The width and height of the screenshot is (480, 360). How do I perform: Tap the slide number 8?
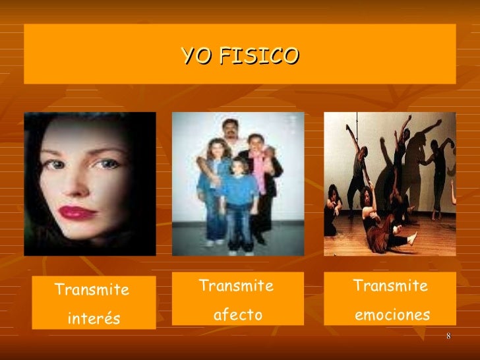(x=448, y=338)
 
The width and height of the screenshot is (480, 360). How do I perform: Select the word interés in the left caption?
(x=94, y=319)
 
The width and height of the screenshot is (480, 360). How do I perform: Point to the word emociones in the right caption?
(x=392, y=315)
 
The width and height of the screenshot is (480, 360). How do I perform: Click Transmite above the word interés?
(x=92, y=290)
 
